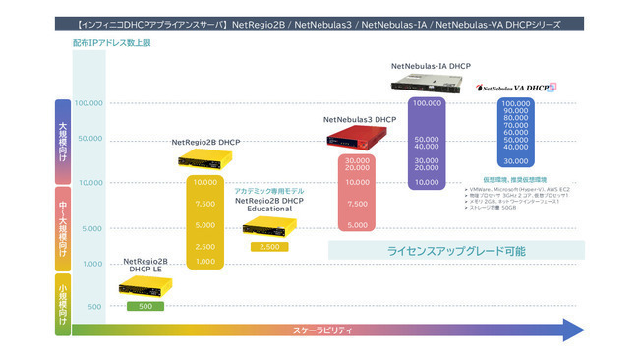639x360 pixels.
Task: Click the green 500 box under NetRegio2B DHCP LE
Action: [145, 306]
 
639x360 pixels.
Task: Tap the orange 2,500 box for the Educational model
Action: [268, 246]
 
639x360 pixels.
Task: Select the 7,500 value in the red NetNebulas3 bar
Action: [358, 204]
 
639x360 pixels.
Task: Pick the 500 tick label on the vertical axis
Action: [94, 307]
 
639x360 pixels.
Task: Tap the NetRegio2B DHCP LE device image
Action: [145, 287]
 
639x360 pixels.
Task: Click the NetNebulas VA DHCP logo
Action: [516, 87]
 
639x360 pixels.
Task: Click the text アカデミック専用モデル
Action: [268, 191]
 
